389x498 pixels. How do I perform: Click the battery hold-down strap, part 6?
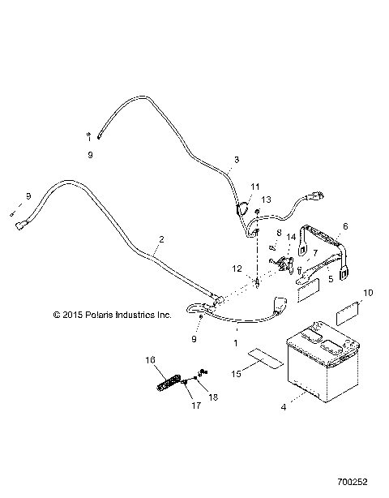coord(324,247)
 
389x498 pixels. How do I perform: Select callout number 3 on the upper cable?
coord(237,160)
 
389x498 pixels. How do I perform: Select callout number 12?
coord(237,268)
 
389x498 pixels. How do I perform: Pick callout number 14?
coord(291,236)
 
